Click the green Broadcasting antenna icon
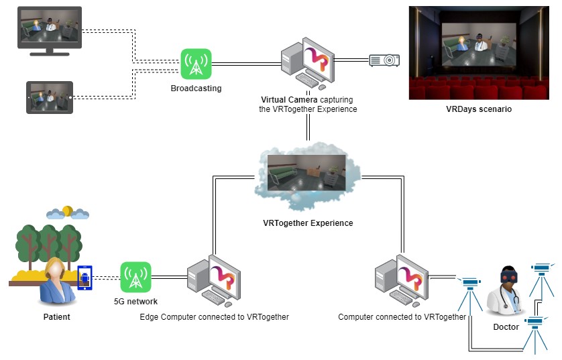click(196, 64)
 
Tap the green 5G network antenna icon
click(136, 277)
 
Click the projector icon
click(384, 60)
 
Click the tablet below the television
click(49, 97)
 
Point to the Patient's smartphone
click(85, 277)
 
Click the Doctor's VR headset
click(510, 275)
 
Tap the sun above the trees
click(67, 211)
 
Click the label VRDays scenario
click(478, 109)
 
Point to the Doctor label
click(506, 327)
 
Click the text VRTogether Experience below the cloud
click(308, 223)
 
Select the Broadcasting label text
click(196, 88)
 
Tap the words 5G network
click(136, 301)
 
